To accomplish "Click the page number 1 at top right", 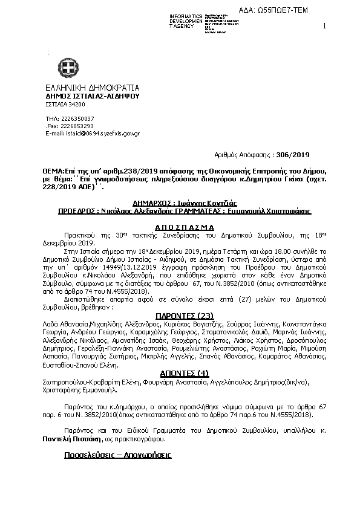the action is tap(324, 25).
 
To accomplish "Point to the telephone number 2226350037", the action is tap(77, 118).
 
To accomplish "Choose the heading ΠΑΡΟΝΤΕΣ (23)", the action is tap(180, 315).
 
